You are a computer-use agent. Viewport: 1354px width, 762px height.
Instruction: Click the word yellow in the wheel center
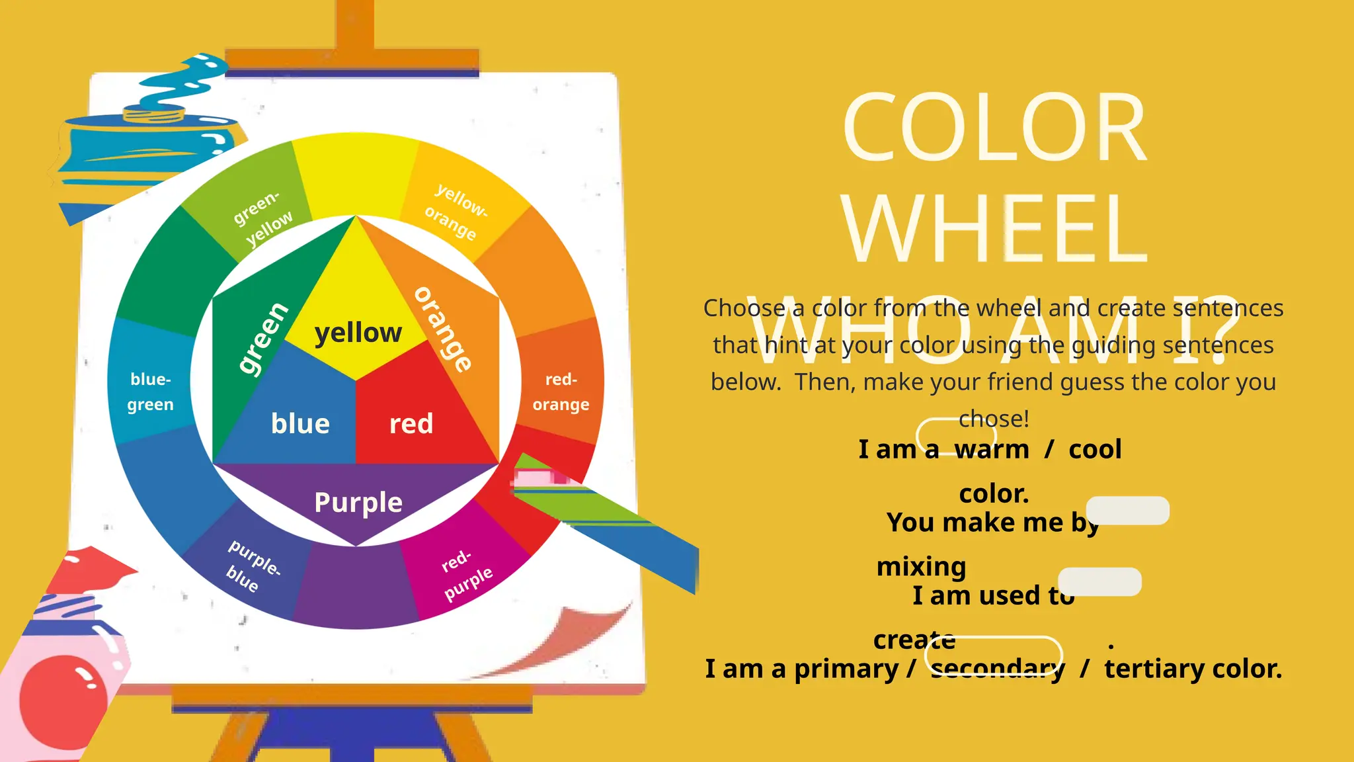pos(358,333)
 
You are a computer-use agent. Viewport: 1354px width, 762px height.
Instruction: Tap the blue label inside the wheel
pos(300,423)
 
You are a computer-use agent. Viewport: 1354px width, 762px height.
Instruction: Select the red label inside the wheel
pos(411,423)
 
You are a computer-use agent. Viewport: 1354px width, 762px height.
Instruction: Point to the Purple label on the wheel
pos(358,502)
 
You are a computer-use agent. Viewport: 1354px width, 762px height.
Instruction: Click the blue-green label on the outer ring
pos(151,392)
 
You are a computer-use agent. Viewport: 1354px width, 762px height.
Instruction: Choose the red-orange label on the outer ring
pos(561,392)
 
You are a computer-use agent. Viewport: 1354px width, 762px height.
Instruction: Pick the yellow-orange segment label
pos(456,212)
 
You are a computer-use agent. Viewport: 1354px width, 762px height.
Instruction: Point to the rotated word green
pos(262,339)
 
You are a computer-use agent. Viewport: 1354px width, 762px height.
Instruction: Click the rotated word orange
pos(444,329)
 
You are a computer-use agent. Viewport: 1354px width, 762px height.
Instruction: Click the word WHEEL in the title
pos(994,228)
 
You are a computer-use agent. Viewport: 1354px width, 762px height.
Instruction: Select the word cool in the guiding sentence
pos(1095,449)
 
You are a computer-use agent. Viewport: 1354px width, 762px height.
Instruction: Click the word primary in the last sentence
pos(846,669)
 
